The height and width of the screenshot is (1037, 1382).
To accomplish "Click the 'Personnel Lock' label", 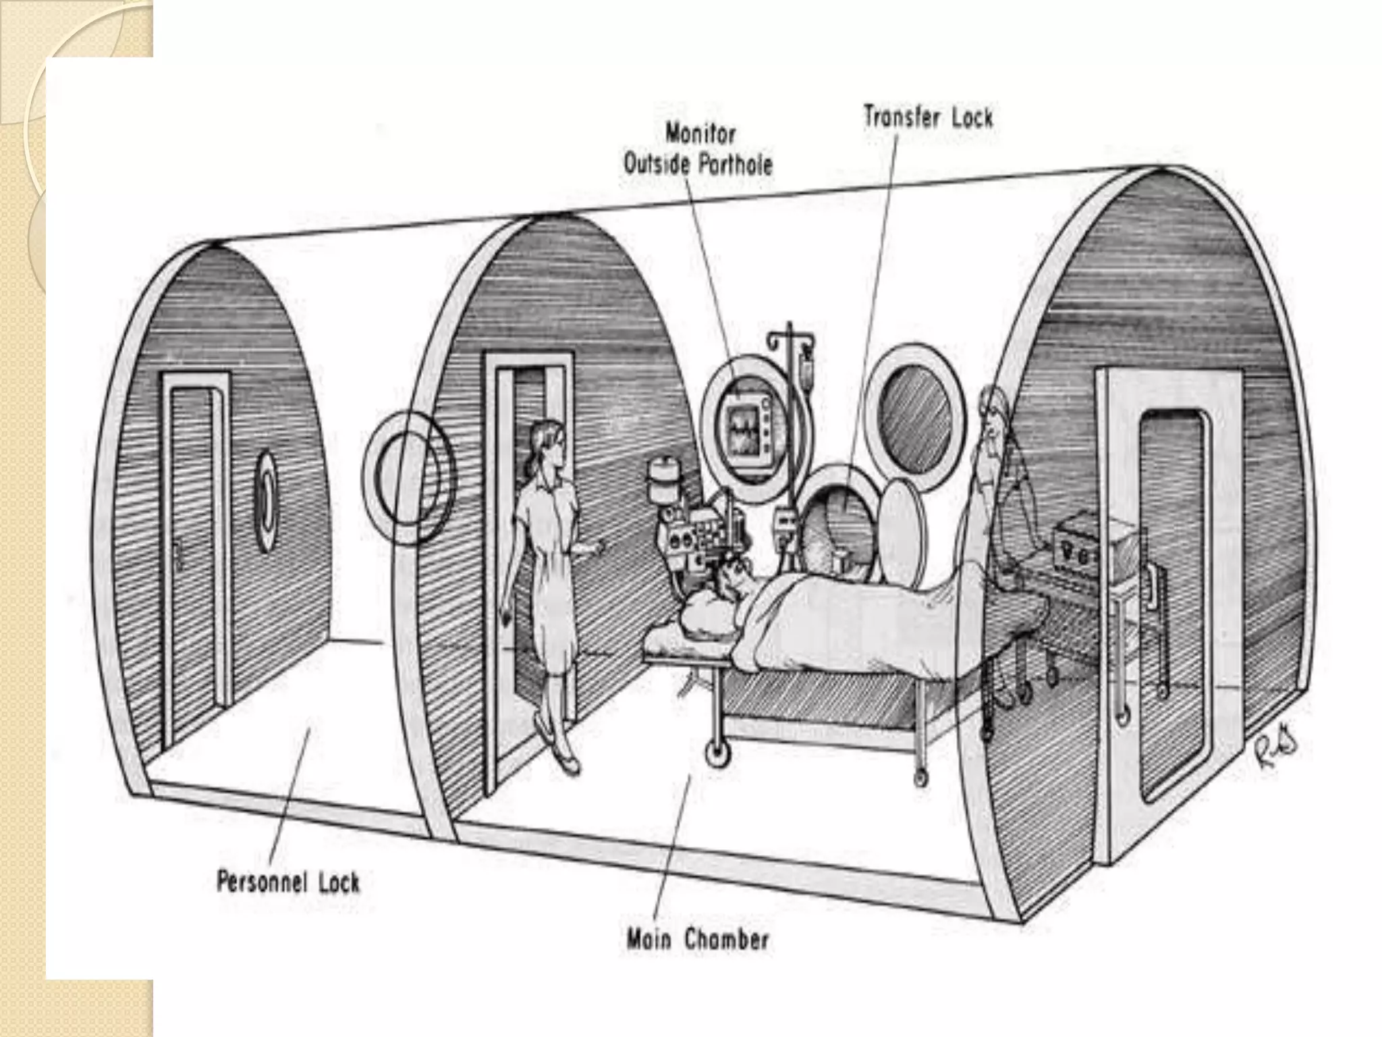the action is click(x=287, y=882).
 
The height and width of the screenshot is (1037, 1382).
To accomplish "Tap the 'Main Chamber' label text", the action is click(x=698, y=940).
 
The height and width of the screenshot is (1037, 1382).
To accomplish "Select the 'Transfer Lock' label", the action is click(x=928, y=119).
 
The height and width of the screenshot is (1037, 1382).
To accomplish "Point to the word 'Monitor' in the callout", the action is click(x=700, y=134).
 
